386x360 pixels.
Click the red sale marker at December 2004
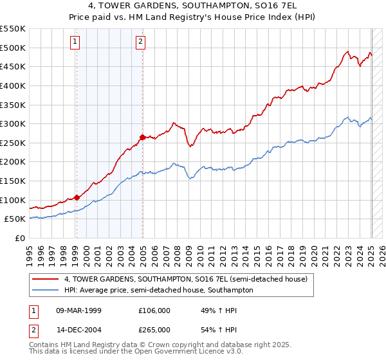click(x=142, y=136)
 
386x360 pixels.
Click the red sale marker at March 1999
click(x=77, y=197)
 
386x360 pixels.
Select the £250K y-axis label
click(x=12, y=143)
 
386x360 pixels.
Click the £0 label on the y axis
click(x=21, y=238)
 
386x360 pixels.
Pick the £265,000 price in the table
click(x=154, y=329)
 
